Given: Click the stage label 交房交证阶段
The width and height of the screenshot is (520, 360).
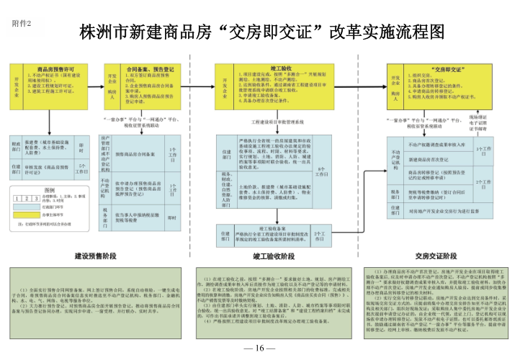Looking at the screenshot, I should (x=430, y=256).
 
